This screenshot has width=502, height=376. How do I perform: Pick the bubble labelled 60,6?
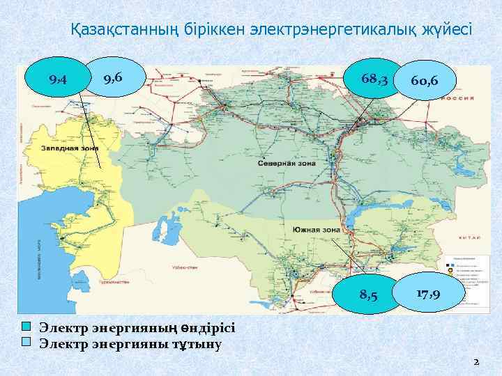(425, 81)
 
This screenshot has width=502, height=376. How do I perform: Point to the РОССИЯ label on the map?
(460, 98)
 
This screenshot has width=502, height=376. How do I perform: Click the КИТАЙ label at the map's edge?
(466, 238)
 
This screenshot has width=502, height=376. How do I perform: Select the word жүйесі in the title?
(446, 30)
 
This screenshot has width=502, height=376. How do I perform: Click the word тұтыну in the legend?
(197, 342)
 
